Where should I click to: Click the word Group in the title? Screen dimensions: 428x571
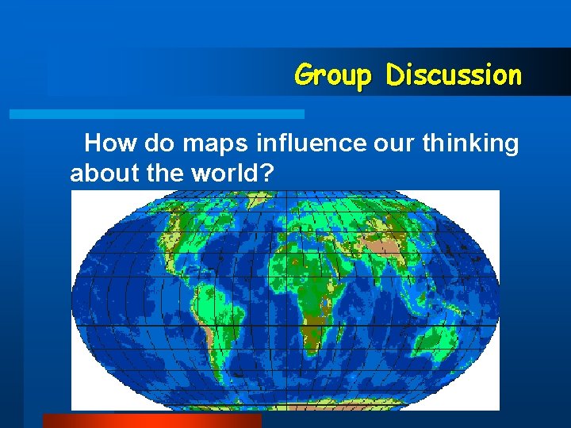pos(331,76)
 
